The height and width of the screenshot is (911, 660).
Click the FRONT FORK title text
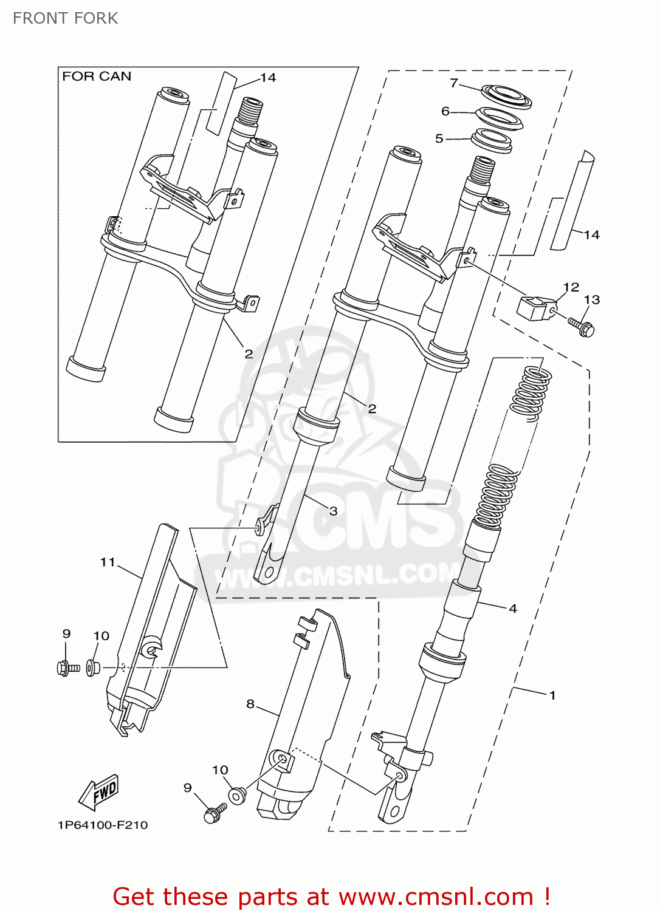click(x=65, y=18)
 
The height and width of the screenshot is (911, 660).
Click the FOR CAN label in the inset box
click(x=97, y=77)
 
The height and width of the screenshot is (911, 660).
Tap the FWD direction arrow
click(x=99, y=793)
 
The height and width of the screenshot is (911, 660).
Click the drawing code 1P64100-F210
click(x=103, y=825)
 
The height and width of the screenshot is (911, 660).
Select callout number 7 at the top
click(x=453, y=83)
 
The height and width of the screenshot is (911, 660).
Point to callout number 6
click(x=445, y=111)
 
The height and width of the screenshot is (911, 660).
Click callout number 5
click(x=439, y=138)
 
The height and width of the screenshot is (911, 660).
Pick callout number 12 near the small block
click(x=571, y=287)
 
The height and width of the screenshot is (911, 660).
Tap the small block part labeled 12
click(x=535, y=307)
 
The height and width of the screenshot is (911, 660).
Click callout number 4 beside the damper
click(x=513, y=608)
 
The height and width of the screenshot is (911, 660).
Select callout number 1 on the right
click(x=552, y=695)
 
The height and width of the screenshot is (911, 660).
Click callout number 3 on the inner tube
click(x=333, y=511)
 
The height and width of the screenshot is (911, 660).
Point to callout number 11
click(x=108, y=562)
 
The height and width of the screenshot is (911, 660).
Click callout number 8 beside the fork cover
click(x=250, y=704)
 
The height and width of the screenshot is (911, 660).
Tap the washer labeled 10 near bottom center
click(x=236, y=795)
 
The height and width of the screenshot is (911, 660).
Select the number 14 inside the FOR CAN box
click(x=268, y=78)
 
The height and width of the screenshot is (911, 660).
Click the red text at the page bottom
click(x=331, y=896)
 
